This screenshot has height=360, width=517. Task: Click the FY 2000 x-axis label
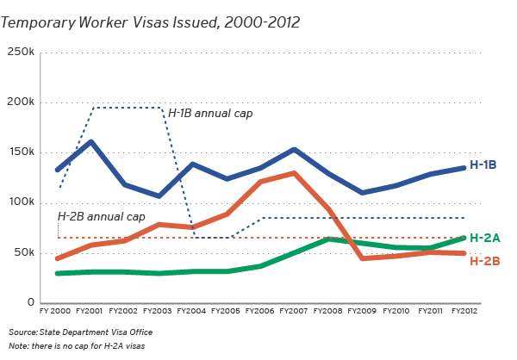(x=55, y=312)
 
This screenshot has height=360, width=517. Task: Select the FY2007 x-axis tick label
(x=295, y=312)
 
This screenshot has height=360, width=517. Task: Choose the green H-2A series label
(x=484, y=238)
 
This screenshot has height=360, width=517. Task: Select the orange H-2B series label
(x=484, y=260)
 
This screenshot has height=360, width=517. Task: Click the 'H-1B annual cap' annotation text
(x=210, y=113)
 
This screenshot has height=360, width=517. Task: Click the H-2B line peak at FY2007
(x=295, y=173)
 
